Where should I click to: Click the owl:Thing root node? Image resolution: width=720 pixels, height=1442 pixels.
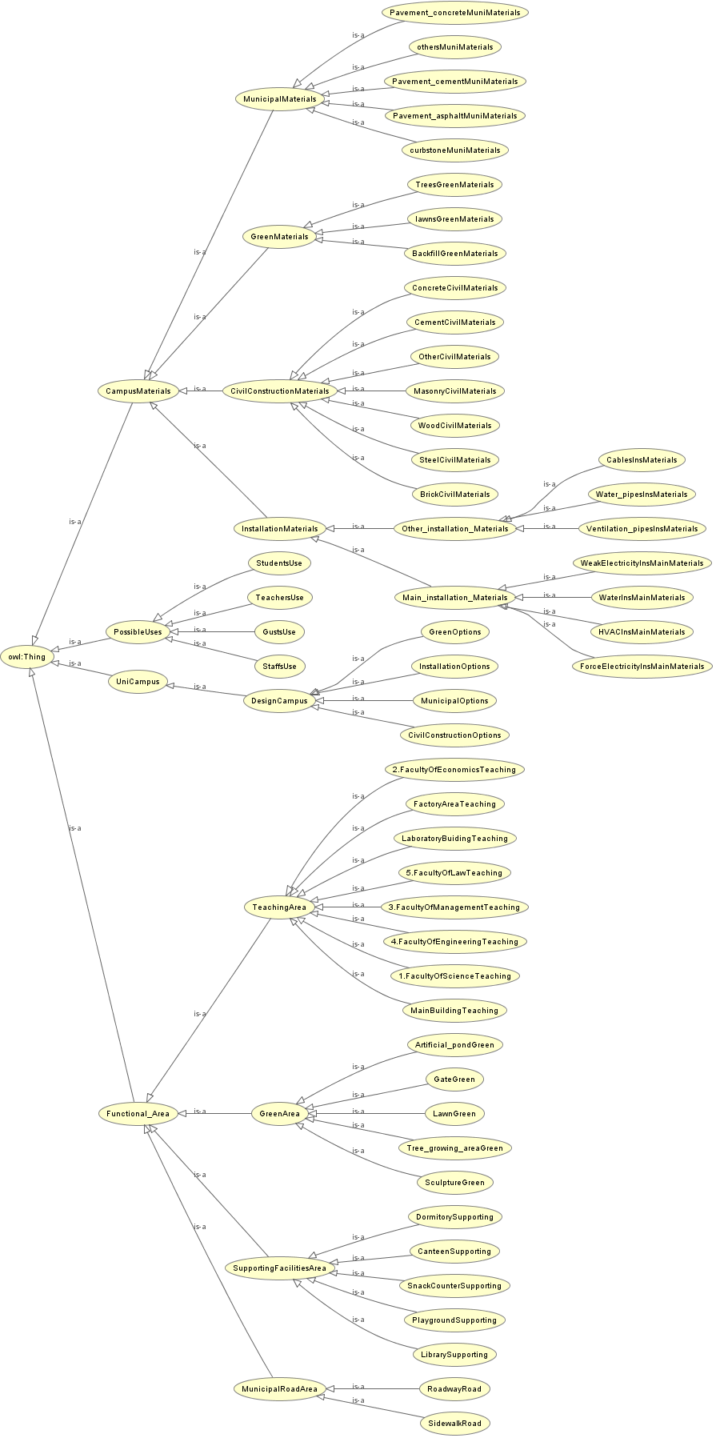tap(27, 657)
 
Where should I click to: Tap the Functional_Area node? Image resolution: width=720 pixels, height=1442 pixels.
tap(138, 1114)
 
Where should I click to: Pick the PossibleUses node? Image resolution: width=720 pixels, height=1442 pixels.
tap(138, 632)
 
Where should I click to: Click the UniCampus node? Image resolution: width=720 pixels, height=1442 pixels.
tap(138, 683)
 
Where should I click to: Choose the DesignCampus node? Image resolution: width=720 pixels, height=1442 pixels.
tap(279, 701)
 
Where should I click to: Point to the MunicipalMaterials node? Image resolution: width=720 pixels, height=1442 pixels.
tap(279, 99)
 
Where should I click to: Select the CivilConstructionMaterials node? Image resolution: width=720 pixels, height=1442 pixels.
tap(279, 391)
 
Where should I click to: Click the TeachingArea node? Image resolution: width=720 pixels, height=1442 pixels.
tap(279, 907)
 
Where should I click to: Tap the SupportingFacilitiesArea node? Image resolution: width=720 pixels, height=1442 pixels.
tap(279, 1268)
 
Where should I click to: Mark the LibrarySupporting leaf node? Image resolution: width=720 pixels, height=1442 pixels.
tap(454, 1355)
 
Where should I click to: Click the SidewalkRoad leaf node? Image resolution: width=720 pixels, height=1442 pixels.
tap(454, 1424)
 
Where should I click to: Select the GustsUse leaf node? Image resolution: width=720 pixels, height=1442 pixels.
tap(279, 632)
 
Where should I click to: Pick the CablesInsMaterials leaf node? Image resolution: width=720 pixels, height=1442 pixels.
tap(642, 460)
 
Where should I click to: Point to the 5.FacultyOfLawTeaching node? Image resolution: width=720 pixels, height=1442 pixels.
tap(454, 873)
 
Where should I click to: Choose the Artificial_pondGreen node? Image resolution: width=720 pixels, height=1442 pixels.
tap(454, 1045)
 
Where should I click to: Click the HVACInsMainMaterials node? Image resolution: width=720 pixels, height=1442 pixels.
tap(642, 632)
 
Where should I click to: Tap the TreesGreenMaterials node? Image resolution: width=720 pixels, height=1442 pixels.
tap(454, 185)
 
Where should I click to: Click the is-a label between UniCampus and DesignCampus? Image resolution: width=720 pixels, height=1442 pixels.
tap(199, 687)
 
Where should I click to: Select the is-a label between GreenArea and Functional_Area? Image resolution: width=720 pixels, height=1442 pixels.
tap(199, 1112)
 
